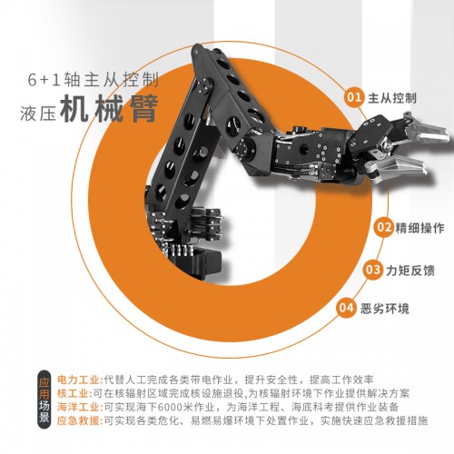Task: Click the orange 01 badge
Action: pos(354,97)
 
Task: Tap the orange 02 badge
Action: pos(383,227)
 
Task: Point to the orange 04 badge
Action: pos(346,309)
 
